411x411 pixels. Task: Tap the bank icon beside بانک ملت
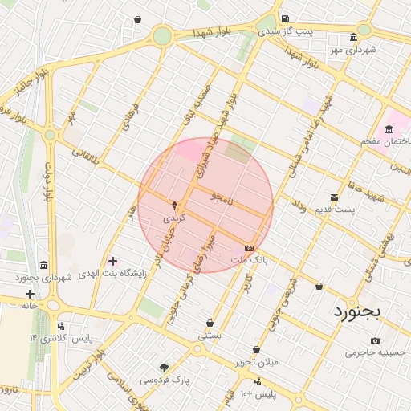[249, 248]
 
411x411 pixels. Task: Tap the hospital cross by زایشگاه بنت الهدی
[112, 261]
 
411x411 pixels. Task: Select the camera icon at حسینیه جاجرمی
[376, 341]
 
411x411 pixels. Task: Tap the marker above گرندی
[174, 205]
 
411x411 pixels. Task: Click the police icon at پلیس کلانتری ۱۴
[62, 327]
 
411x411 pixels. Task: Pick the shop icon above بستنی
[210, 323]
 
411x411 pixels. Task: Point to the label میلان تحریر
[256, 362]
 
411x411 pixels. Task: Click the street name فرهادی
[130, 117]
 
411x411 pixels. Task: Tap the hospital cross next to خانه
[31, 294]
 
